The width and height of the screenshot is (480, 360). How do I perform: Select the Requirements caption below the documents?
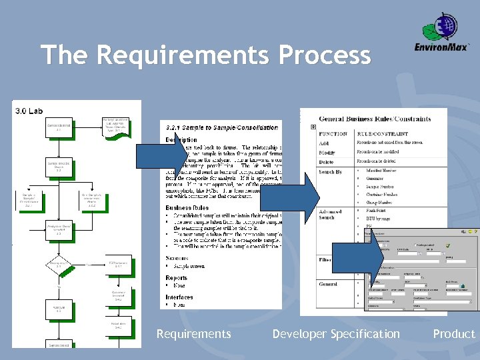click(193, 334)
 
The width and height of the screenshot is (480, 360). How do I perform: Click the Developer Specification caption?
click(336, 334)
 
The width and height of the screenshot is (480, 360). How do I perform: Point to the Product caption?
click(453, 334)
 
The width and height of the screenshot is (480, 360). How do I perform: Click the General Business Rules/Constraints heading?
click(375, 119)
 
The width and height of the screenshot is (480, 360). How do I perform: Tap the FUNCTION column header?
click(333, 133)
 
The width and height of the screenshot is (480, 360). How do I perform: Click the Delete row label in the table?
click(327, 161)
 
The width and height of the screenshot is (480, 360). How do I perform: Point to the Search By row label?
click(330, 172)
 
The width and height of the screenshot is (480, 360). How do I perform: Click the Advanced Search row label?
click(331, 215)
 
